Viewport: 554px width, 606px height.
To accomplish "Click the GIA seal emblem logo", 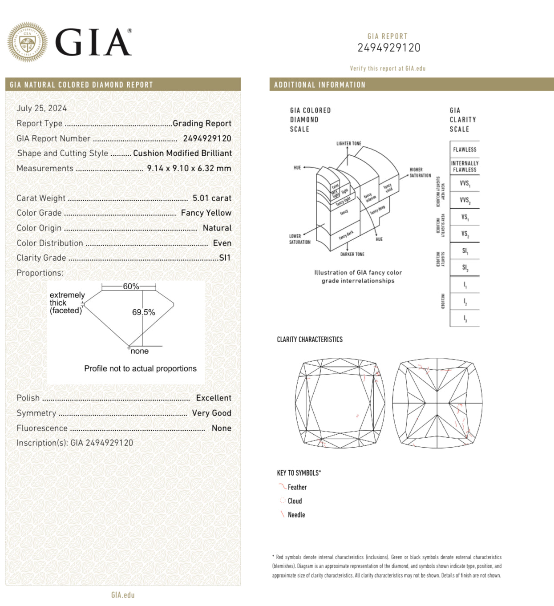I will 27,42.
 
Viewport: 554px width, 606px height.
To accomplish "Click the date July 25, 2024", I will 41,108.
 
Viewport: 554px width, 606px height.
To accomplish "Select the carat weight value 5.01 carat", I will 212,198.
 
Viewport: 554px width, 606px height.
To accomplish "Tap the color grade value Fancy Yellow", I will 206,213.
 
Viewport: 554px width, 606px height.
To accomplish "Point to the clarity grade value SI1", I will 225,258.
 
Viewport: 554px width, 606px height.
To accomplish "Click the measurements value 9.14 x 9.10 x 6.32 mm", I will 189,168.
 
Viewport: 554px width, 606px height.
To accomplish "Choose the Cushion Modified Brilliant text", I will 182,153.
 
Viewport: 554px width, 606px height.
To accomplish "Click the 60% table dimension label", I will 131,286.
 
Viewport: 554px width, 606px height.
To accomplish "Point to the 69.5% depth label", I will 143,312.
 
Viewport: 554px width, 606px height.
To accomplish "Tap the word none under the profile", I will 140,351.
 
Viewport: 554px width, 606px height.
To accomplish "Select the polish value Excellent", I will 214,398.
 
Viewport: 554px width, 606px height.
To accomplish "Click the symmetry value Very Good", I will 211,413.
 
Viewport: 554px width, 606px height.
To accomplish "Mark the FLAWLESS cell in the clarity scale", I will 465,149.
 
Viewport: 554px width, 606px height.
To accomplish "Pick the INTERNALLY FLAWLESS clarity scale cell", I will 465,166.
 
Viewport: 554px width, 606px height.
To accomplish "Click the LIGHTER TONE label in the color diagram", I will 349,144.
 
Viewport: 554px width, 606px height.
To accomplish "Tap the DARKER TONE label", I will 352,255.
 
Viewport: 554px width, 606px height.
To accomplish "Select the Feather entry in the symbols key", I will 297,487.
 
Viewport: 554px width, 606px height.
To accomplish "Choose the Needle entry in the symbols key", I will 296,515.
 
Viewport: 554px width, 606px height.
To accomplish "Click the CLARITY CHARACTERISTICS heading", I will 310,339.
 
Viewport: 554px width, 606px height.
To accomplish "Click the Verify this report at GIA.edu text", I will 388,69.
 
